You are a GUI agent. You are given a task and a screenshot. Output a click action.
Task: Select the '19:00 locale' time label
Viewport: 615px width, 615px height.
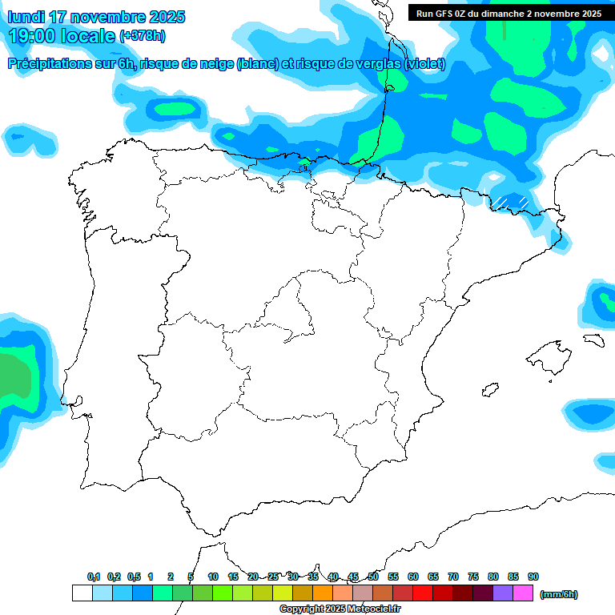pyautogui.click(x=62, y=36)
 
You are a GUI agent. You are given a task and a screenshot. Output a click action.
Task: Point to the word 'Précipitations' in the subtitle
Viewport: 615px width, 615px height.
pyautogui.click(x=50, y=65)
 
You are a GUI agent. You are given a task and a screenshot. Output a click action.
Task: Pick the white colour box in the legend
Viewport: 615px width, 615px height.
pyautogui.click(x=82, y=593)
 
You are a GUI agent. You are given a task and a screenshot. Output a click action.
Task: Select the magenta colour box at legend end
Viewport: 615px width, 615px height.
pyautogui.click(x=523, y=593)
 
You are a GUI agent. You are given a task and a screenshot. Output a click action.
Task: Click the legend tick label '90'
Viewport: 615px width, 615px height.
pyautogui.click(x=533, y=577)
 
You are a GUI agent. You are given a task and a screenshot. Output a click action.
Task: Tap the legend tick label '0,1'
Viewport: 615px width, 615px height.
pyautogui.click(x=94, y=577)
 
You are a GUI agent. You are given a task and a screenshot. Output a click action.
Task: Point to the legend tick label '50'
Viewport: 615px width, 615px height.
pyautogui.click(x=373, y=577)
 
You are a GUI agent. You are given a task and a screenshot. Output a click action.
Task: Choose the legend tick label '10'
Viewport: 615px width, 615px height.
pyautogui.click(x=213, y=577)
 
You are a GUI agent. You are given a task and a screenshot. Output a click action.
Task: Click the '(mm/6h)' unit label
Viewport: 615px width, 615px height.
pyautogui.click(x=559, y=594)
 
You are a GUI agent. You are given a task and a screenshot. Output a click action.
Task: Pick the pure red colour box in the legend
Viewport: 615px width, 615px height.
pyautogui.click(x=422, y=593)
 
